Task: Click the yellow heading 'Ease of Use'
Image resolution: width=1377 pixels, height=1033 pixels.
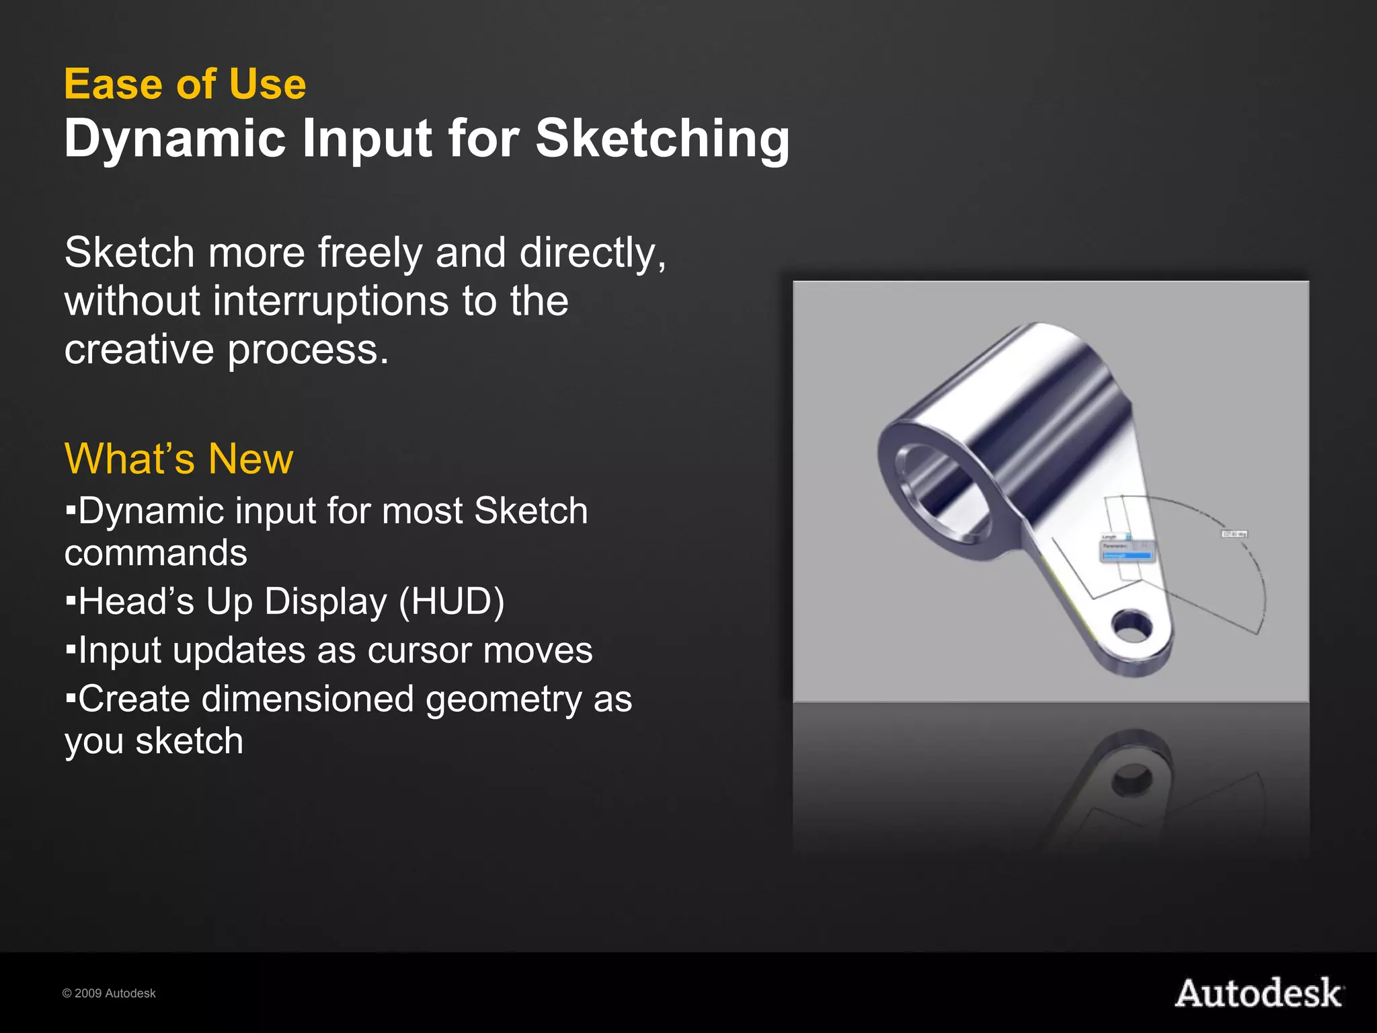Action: (185, 85)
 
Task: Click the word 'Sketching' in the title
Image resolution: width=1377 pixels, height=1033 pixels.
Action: (662, 139)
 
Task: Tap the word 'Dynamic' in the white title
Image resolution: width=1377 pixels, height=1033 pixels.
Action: (175, 139)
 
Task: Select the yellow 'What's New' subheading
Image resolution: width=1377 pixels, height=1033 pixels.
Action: (179, 459)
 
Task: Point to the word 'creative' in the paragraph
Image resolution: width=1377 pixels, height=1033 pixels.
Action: (139, 350)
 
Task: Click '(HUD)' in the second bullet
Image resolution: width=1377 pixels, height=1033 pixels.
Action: (451, 601)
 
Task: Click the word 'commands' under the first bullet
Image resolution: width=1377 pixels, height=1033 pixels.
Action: (156, 553)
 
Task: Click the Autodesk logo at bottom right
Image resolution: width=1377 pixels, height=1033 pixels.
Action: (1259, 993)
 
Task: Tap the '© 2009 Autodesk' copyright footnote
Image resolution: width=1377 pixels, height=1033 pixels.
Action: (109, 993)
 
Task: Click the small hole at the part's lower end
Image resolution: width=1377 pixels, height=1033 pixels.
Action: (1132, 625)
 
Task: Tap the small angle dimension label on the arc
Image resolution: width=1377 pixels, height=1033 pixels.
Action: (1234, 534)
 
